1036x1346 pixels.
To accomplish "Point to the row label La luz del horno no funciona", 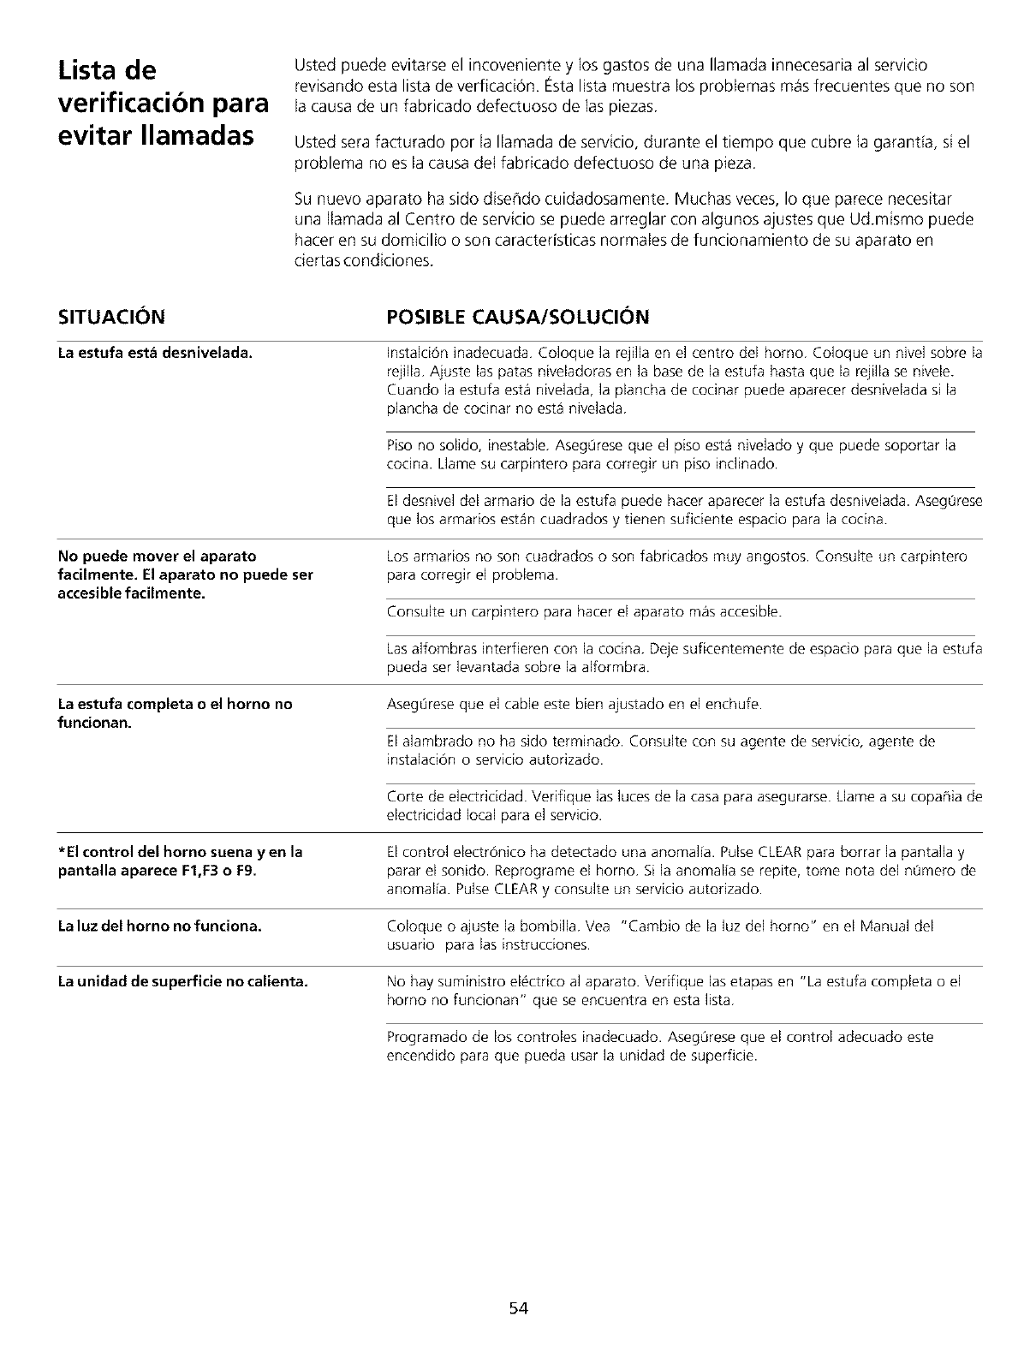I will (x=159, y=926).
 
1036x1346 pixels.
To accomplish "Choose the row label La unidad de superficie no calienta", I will (x=182, y=980).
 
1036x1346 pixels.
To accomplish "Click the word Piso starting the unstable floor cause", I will (x=400, y=446).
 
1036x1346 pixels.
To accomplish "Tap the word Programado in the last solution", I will (x=425, y=1037).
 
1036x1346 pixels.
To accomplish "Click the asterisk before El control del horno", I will (x=61, y=851).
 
